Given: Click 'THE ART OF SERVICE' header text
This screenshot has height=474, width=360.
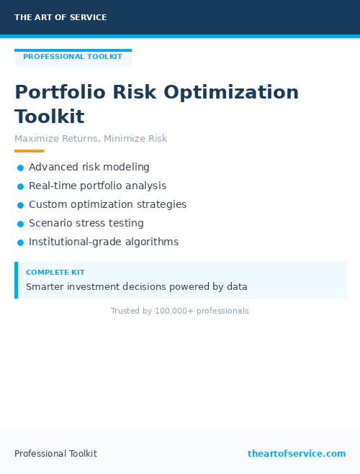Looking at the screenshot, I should click(60, 17).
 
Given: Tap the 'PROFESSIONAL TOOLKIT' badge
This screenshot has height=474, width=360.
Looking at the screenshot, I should click(73, 57).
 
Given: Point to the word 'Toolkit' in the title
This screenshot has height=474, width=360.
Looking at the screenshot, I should click(49, 117).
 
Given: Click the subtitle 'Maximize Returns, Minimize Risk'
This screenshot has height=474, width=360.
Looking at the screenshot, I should click(91, 139).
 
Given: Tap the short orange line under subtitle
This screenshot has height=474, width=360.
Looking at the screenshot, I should click(29, 151).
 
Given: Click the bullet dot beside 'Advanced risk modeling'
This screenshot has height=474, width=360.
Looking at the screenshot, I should click(20, 168).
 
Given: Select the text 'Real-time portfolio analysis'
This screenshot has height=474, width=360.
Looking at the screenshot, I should click(97, 186).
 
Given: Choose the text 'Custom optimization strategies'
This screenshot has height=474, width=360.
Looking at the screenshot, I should click(107, 204).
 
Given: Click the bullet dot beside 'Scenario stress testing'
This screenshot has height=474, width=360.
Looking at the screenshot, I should click(20, 224).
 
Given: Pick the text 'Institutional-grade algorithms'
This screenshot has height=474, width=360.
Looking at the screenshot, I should click(104, 242).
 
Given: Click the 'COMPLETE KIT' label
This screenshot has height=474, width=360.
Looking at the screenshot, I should click(55, 273).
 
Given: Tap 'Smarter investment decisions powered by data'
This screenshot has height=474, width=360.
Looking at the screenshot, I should click(137, 287).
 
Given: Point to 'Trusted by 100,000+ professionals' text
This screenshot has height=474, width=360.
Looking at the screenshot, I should click(179, 311).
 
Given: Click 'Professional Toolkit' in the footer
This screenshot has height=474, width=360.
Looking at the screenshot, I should click(55, 454).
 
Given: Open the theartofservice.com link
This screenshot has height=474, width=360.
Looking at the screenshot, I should click(297, 454).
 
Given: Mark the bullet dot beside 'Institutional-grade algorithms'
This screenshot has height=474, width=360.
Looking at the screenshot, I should click(20, 242).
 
